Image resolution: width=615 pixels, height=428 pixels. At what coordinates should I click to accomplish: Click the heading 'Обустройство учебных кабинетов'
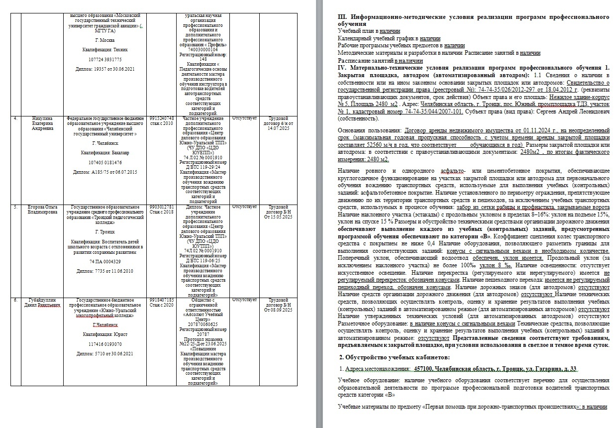click(x=397, y=357)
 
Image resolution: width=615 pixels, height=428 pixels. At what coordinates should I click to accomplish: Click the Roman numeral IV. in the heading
click(x=342, y=67)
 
